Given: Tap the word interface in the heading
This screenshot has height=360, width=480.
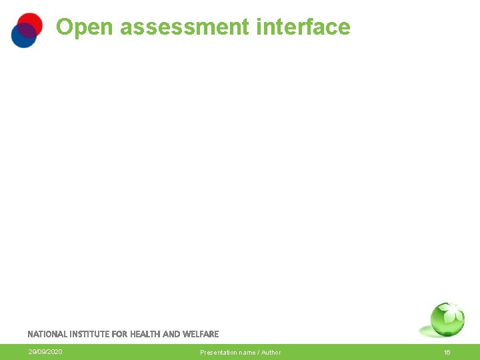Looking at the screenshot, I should click(x=303, y=27).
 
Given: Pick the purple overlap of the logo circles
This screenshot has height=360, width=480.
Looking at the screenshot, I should click(x=26, y=30).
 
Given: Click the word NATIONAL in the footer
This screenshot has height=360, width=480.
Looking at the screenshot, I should click(x=47, y=334).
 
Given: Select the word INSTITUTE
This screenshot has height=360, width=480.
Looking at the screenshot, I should click(x=91, y=334).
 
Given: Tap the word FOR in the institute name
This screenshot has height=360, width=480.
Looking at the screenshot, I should click(x=121, y=334).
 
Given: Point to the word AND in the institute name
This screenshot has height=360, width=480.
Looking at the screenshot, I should click(x=171, y=334).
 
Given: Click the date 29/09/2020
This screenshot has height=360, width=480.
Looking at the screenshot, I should click(x=45, y=352).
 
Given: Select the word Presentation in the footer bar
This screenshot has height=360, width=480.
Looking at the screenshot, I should click(x=219, y=352).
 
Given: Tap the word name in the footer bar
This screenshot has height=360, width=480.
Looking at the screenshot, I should click(x=247, y=352).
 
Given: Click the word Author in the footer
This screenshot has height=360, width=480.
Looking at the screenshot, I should click(x=271, y=352).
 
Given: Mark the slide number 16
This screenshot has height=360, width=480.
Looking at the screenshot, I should click(x=447, y=352).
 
